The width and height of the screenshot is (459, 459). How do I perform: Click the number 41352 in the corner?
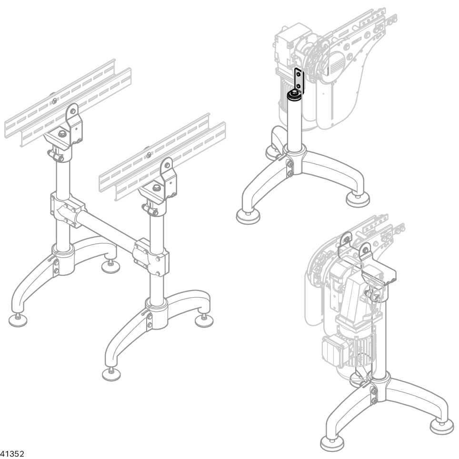click(x=12, y=454)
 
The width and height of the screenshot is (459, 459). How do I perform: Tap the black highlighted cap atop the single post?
click(x=293, y=96)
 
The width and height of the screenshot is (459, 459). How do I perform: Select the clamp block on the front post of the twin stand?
click(x=151, y=257)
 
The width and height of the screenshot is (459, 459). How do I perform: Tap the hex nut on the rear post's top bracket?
click(x=62, y=134)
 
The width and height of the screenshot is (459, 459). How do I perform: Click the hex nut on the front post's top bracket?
click(x=156, y=187)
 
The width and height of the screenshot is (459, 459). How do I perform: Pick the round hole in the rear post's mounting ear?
click(x=72, y=111)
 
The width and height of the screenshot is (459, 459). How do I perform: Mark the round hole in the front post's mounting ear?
click(x=167, y=165)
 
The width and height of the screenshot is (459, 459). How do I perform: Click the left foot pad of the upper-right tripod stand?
click(x=248, y=217)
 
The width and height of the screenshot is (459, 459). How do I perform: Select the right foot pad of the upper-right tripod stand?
click(x=358, y=200)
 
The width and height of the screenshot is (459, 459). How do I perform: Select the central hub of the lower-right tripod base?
click(x=380, y=388)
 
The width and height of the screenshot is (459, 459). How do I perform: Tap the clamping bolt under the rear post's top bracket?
click(x=56, y=155)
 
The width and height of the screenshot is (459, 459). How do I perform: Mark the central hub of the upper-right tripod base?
click(x=294, y=160)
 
